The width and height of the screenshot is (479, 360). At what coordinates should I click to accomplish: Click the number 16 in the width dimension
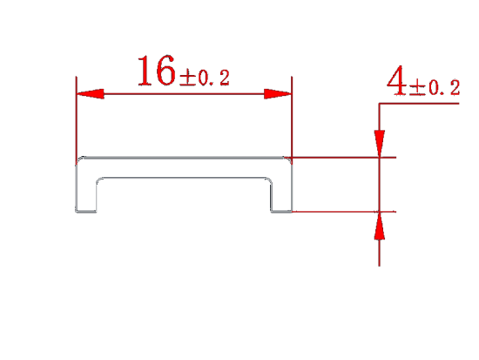(157, 71)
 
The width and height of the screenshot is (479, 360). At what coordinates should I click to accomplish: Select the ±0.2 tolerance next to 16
(205, 78)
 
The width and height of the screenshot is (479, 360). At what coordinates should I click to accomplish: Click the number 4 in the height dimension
(396, 81)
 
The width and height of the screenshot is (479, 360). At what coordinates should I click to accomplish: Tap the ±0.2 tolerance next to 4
(435, 88)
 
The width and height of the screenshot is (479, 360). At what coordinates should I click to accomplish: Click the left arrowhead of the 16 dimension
(91, 94)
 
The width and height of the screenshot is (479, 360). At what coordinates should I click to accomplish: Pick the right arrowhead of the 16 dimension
(278, 94)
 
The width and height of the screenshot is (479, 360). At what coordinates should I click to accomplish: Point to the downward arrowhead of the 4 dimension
(379, 144)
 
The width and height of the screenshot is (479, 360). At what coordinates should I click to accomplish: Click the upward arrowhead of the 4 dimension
(379, 225)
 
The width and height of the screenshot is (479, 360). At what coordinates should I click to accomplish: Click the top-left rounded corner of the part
(78, 160)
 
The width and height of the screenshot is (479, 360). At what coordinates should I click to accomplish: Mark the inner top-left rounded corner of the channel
(99, 180)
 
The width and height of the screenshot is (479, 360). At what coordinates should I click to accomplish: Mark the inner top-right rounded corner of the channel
(268, 180)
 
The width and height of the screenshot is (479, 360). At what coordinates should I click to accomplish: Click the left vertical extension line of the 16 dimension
(76, 120)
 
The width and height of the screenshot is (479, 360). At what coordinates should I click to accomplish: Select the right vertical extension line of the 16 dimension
(292, 120)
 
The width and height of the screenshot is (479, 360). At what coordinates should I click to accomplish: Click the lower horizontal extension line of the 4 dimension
(344, 211)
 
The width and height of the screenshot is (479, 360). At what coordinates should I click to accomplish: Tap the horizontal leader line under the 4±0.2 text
(419, 104)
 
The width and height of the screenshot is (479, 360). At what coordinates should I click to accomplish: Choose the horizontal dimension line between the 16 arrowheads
(184, 94)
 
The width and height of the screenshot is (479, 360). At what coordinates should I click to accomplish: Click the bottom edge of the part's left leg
(86, 211)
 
